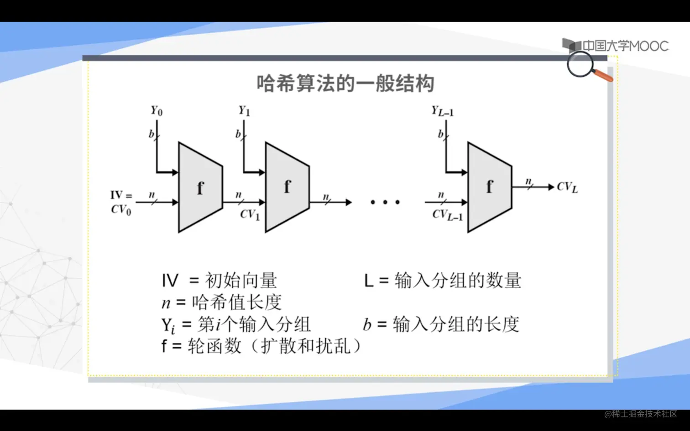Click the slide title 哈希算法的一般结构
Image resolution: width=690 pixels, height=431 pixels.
pyautogui.click(x=345, y=83)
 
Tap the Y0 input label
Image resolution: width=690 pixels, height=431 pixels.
pyautogui.click(x=157, y=111)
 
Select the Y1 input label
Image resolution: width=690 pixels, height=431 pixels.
pyautogui.click(x=244, y=111)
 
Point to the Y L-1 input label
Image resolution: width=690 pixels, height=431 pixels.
pyautogui.click(x=442, y=111)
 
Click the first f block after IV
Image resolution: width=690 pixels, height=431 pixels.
pyautogui.click(x=200, y=187)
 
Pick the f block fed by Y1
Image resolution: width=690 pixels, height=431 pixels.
pyautogui.click(x=287, y=187)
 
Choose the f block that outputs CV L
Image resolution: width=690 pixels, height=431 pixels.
pyautogui.click(x=489, y=187)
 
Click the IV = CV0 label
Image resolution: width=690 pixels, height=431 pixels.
pyautogui.click(x=121, y=203)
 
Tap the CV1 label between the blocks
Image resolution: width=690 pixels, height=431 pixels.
pyautogui.click(x=250, y=214)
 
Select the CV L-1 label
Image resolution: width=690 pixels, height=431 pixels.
pyautogui.click(x=447, y=215)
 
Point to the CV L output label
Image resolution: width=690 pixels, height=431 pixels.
pyautogui.click(x=567, y=187)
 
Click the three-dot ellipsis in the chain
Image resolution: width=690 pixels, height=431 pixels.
pyautogui.click(x=385, y=202)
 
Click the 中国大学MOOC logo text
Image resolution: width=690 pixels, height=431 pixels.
pyautogui.click(x=625, y=46)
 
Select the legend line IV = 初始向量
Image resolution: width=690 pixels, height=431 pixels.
pyautogui.click(x=219, y=280)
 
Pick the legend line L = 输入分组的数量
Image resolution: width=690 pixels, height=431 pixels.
pyautogui.click(x=442, y=280)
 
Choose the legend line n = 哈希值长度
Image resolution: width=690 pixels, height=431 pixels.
pyautogui.click(x=221, y=302)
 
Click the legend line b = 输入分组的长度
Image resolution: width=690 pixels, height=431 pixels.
pyautogui.click(x=441, y=324)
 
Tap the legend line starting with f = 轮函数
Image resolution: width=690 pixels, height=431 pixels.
pyautogui.click(x=261, y=346)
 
